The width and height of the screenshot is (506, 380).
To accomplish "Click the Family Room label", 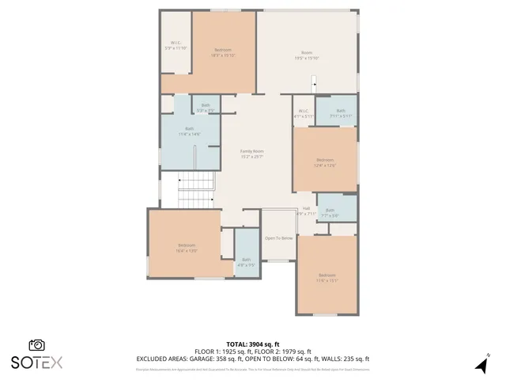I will coord(252,151).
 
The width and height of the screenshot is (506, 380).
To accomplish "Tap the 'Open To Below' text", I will coord(278,238).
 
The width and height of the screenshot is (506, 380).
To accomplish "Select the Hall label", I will coord(306,208).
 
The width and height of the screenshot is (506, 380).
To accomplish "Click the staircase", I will coord(196,190).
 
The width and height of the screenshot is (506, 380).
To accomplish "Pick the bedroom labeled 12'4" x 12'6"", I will coord(325,161).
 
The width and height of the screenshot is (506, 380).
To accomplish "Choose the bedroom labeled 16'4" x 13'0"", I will coord(187,248).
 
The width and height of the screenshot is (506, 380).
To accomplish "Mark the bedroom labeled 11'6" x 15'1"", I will coord(327,277).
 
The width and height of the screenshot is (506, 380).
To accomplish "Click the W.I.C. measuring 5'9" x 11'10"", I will coord(176,45).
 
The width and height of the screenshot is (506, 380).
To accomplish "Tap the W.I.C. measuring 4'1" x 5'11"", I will coord(304,113).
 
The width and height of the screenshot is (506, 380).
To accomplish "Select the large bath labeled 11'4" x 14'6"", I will coord(190,131).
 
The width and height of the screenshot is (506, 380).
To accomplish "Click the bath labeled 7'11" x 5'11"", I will coord(340,113).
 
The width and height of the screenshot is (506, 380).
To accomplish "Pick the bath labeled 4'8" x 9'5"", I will coord(246,262).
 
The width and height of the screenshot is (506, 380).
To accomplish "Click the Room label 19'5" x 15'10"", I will coord(307,55).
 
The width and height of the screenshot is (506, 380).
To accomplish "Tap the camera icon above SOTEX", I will coord(36,345).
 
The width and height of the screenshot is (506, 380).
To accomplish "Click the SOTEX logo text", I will coord(36,363).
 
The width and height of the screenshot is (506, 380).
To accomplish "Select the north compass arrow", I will coord(480,365).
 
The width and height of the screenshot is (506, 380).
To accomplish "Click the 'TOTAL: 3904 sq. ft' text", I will coord(253,344).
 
